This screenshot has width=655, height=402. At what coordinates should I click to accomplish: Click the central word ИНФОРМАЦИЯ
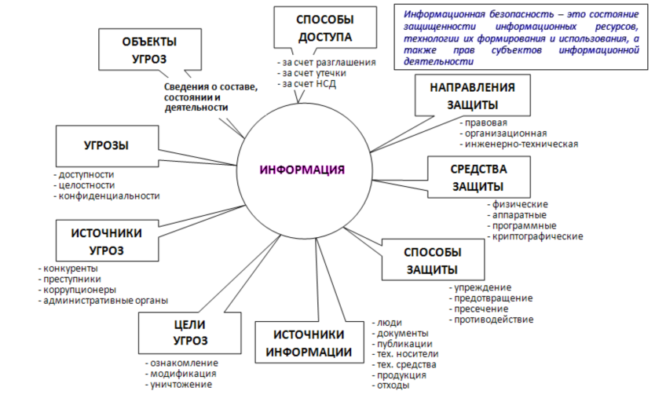302,170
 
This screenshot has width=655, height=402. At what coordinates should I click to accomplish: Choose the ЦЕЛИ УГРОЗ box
189,333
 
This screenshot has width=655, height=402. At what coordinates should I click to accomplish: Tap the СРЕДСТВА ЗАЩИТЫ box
478,177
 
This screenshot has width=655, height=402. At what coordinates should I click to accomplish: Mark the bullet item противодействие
492,320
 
